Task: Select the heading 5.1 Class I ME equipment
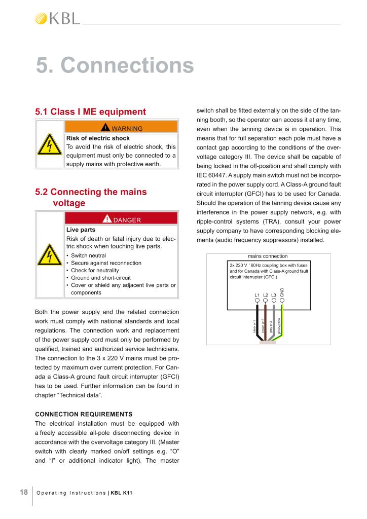point(90,112)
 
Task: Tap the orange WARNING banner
point(121,128)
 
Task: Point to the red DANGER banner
point(121,219)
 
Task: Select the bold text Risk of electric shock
point(98,138)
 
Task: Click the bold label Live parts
point(81,230)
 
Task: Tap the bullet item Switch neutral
point(88,256)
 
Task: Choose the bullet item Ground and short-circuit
point(101,278)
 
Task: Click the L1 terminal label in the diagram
point(256,295)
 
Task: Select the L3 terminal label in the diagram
point(273,295)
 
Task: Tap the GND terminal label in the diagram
point(282,292)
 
